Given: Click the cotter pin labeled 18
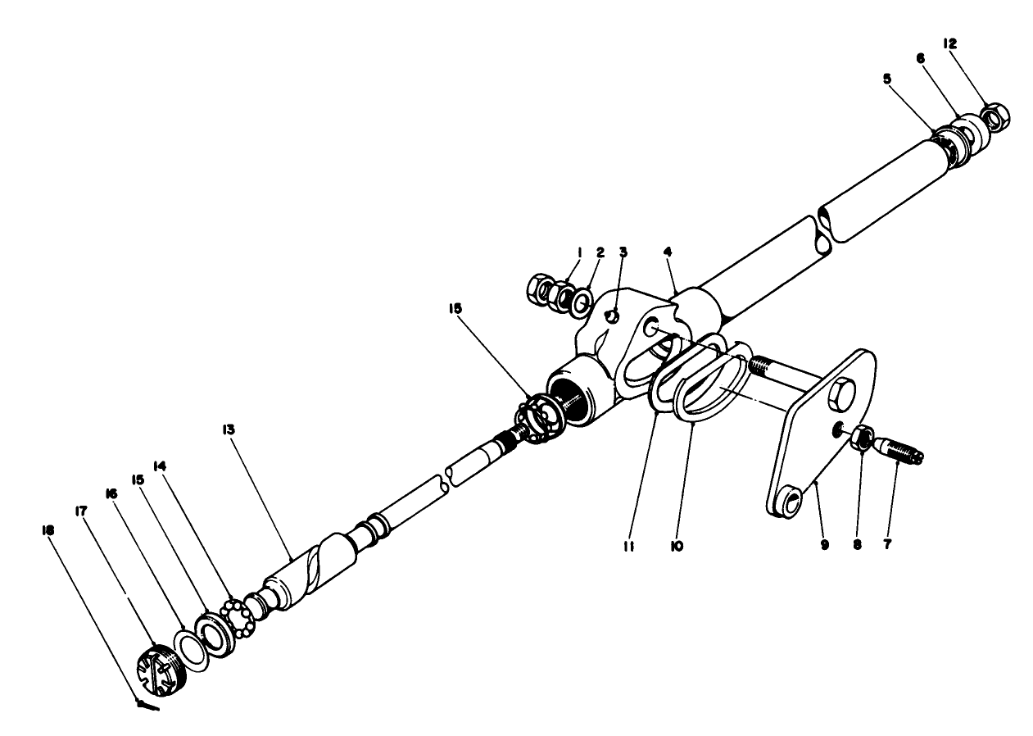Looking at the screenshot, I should coord(147,704).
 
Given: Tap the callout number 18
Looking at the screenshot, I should coord(48,530).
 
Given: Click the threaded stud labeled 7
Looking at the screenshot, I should coord(900,450).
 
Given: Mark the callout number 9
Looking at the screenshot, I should coord(825,545).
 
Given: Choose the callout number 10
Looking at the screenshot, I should coord(676,545).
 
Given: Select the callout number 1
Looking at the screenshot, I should coord(578,252).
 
